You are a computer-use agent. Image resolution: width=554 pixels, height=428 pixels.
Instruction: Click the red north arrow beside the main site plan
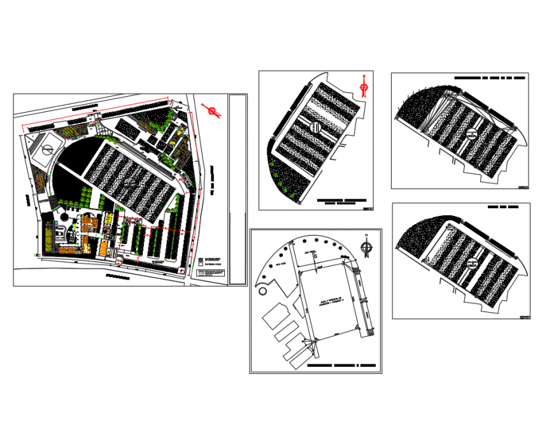(x=212, y=111)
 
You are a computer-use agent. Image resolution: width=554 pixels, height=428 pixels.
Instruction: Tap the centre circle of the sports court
(x=46, y=151)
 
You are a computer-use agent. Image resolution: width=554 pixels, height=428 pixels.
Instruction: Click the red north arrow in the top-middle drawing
(x=364, y=86)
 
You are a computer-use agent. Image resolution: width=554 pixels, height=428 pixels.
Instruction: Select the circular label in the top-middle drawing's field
(x=315, y=126)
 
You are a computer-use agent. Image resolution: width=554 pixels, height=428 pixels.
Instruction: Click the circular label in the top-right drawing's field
(x=471, y=133)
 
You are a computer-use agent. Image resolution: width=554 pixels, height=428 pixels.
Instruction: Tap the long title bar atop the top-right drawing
(x=490, y=77)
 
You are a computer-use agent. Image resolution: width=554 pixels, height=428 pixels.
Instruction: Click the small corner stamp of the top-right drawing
(x=523, y=187)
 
